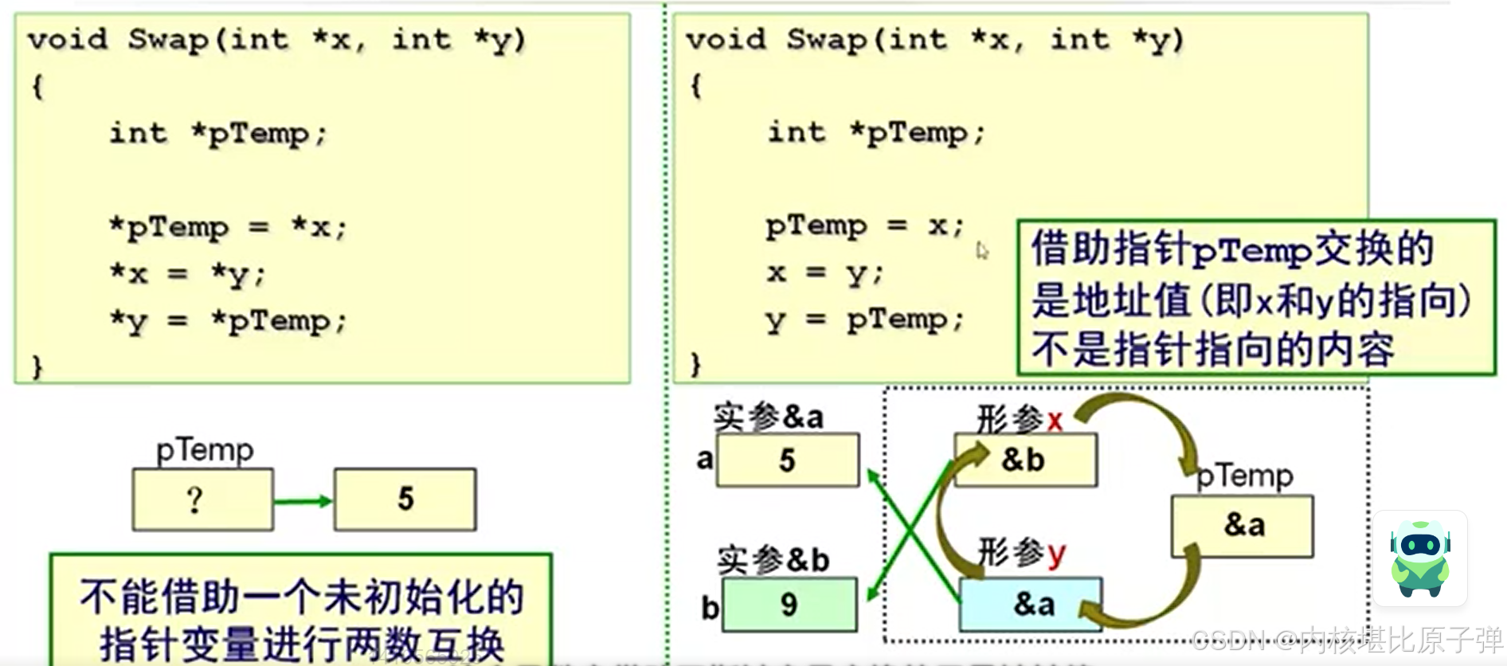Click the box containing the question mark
(202, 499)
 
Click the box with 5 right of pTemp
(405, 499)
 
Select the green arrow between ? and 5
(303, 501)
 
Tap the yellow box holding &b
(1025, 460)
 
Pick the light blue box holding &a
(1031, 605)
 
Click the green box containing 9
(789, 605)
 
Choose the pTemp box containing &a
(1243, 526)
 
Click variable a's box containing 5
(787, 460)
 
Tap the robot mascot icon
(1420, 558)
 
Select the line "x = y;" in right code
(825, 273)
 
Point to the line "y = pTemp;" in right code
(865, 320)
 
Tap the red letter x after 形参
(1055, 420)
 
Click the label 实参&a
(768, 417)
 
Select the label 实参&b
(773, 560)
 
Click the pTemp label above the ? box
(205, 450)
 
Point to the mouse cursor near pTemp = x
(981, 250)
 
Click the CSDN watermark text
(1346, 640)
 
